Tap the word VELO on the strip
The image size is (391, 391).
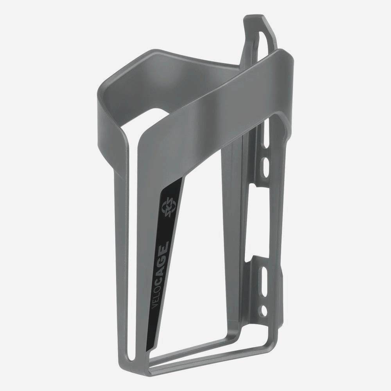[x=155, y=292]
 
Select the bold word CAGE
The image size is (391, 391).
[x=163, y=256]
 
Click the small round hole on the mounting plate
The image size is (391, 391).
[x=264, y=311]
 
